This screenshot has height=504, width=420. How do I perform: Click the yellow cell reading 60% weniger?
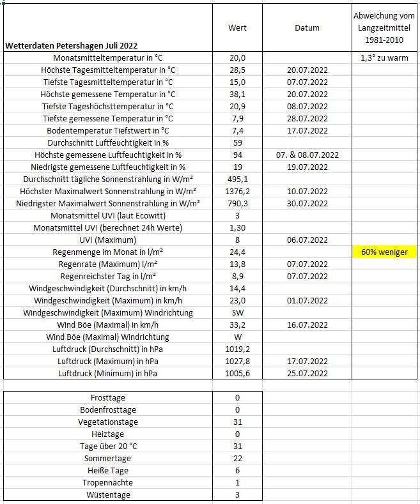tap(385, 252)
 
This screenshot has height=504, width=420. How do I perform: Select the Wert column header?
tap(237, 27)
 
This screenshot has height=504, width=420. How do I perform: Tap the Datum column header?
tap(307, 27)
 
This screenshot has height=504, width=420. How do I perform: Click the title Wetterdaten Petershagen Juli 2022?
tap(70, 45)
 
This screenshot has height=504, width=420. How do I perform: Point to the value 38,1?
tap(237, 94)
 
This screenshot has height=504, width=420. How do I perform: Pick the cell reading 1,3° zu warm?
tap(385, 57)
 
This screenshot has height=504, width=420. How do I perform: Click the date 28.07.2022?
tap(307, 118)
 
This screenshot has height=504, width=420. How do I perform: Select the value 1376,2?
tap(237, 191)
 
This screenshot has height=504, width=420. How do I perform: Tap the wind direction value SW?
tap(237, 312)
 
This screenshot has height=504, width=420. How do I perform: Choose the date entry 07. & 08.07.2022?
tap(307, 155)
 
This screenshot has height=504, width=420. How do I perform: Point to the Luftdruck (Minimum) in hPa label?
tap(107, 373)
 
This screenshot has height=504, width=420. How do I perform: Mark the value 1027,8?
tap(237, 361)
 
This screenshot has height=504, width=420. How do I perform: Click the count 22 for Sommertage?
tap(237, 458)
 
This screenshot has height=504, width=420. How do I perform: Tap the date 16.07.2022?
tap(307, 325)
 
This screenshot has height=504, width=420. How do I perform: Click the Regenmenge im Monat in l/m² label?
tap(107, 252)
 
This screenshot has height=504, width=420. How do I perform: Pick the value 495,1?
tap(237, 179)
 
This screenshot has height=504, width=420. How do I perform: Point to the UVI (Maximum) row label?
tap(107, 240)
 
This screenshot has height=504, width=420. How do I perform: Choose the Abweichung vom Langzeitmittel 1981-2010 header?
tap(385, 27)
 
